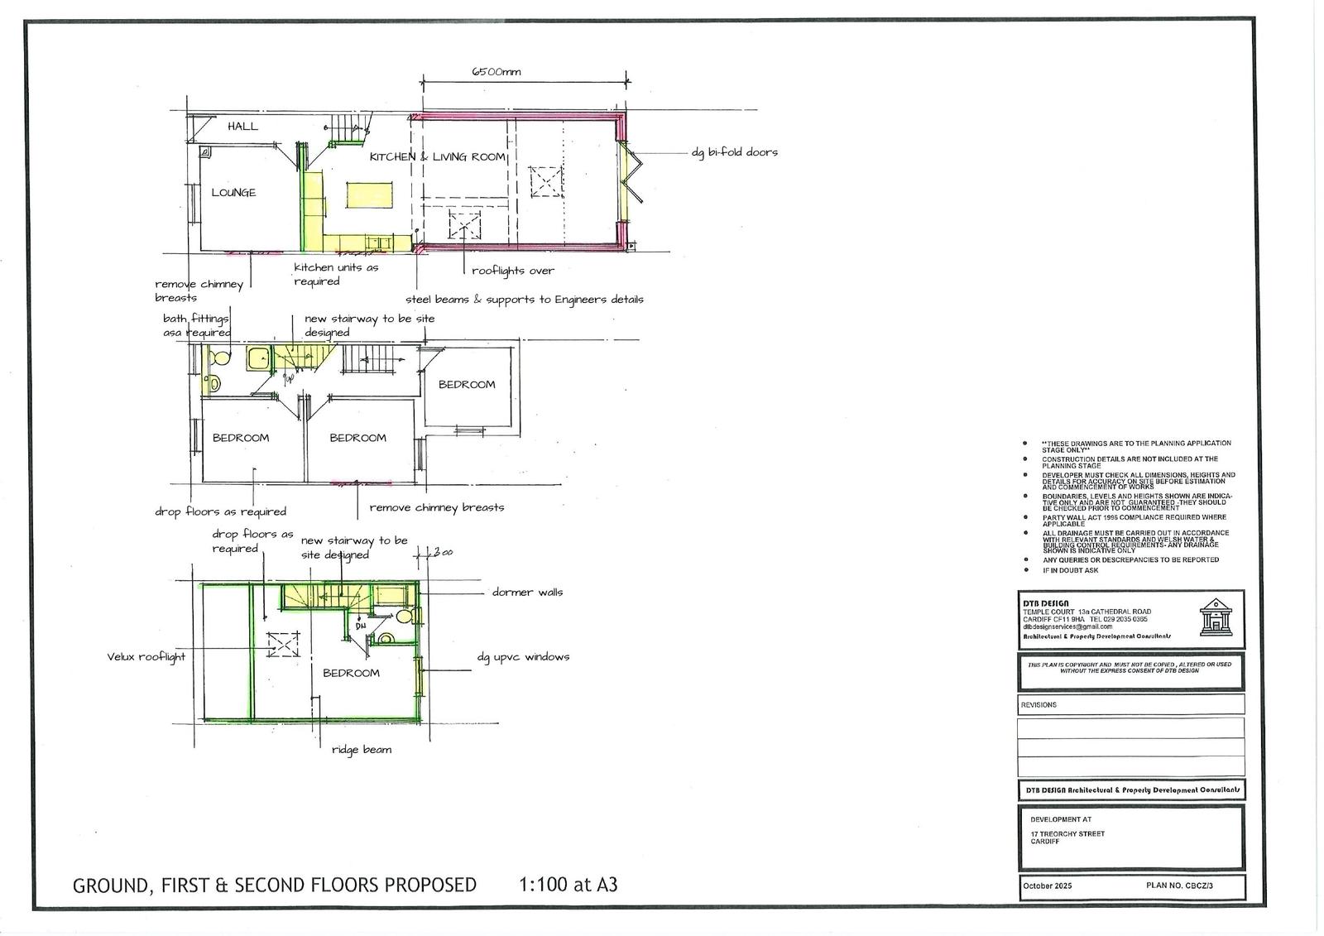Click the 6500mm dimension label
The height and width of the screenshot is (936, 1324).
click(496, 72)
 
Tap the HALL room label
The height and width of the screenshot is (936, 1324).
click(242, 127)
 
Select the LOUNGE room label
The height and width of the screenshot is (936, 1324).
click(233, 193)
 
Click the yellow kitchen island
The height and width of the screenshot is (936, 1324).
click(368, 197)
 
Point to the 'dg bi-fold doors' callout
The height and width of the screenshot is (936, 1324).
click(734, 152)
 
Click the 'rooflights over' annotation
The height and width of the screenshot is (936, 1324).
click(512, 271)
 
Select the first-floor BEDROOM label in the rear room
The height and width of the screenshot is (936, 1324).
click(467, 385)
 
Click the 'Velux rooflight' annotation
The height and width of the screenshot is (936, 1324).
click(146, 657)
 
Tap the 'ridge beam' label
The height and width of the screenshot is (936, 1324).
click(361, 750)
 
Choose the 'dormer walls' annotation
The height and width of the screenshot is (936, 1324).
click(527, 593)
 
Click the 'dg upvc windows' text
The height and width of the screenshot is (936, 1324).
click(523, 657)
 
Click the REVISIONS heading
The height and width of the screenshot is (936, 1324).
click(1039, 705)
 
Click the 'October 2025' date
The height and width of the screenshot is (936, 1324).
click(1047, 886)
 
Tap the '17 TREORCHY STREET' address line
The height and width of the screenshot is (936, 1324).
click(1067, 834)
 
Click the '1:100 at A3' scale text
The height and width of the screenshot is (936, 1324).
click(568, 885)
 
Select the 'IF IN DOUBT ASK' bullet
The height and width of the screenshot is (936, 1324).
click(1070, 570)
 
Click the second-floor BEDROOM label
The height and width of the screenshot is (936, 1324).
click(351, 674)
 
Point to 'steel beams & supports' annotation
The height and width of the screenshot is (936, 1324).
click(524, 300)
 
